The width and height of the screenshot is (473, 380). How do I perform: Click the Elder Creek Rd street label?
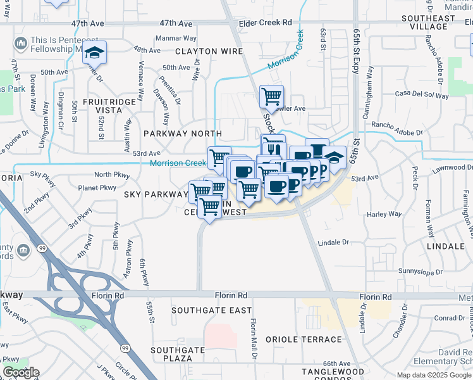click(265, 23)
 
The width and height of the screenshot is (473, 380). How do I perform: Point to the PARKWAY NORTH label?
click(183, 134)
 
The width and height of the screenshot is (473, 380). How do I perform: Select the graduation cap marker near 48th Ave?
click(95, 51)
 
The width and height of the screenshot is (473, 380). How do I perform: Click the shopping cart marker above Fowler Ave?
click(271, 96)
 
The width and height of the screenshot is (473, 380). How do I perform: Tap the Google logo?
click(21, 372)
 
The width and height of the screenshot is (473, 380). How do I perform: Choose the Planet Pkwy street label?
click(97, 187)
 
